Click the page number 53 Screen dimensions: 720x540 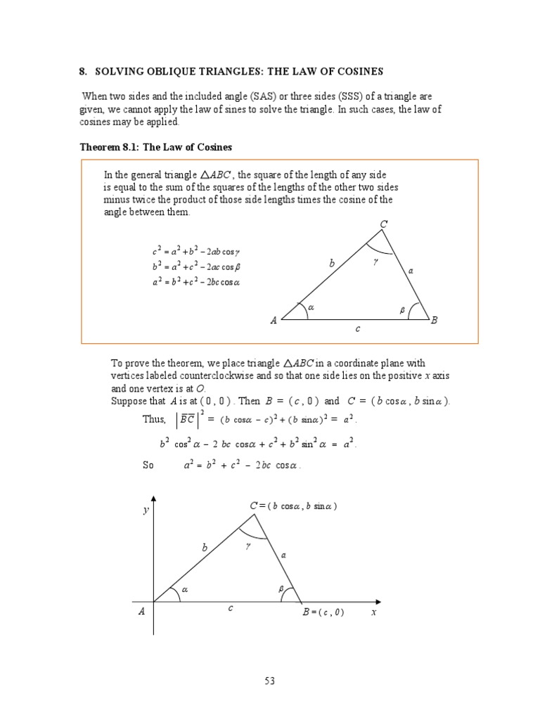[x=269, y=681]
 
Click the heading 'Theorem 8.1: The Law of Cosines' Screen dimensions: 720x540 [x=155, y=147]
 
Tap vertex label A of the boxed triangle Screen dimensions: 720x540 [x=274, y=321]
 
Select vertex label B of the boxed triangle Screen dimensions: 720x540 [x=434, y=321]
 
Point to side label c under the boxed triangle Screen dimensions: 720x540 [x=357, y=328]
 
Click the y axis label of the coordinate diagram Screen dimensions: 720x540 [x=146, y=510]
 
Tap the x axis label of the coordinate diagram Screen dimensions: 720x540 [x=374, y=612]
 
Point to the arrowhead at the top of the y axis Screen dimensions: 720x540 [x=153, y=499]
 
